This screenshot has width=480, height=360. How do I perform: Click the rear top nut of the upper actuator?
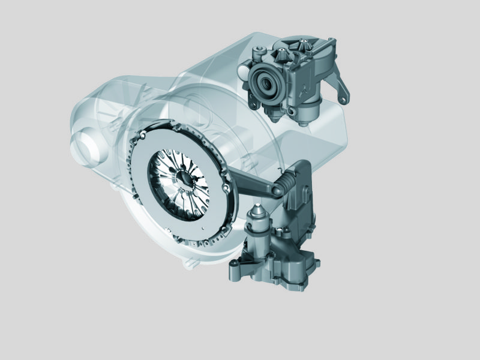[x=304, y=41]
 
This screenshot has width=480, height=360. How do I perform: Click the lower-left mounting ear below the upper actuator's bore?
[x=251, y=102]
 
